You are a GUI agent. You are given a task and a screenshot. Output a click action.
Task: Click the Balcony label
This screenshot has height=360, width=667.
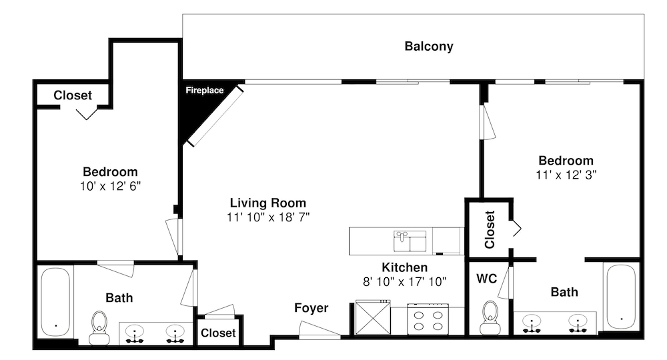pyautogui.click(x=429, y=46)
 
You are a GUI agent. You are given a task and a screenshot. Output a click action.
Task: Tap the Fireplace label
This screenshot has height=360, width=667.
pyautogui.click(x=205, y=90)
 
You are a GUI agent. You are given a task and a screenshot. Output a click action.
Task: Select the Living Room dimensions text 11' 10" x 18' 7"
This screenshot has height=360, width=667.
pyautogui.click(x=268, y=217)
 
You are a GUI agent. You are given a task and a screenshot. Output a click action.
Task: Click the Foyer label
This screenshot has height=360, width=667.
pyautogui.click(x=311, y=308)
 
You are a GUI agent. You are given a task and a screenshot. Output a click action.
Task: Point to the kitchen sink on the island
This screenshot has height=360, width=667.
pyautogui.click(x=410, y=241)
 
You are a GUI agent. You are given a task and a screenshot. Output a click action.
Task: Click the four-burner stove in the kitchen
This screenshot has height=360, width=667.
pyautogui.click(x=428, y=319)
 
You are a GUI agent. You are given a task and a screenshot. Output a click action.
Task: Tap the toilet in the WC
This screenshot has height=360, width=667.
pyautogui.click(x=490, y=318)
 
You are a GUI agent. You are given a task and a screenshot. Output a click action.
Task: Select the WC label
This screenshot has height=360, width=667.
pyautogui.click(x=487, y=279)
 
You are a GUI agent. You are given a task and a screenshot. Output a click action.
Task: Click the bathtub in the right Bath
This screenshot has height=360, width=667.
pyautogui.click(x=622, y=296)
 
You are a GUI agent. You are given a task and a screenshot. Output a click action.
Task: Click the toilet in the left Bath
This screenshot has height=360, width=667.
pyautogui.click(x=99, y=328)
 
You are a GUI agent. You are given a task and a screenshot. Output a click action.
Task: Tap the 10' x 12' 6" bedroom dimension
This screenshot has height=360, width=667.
pyautogui.click(x=110, y=186)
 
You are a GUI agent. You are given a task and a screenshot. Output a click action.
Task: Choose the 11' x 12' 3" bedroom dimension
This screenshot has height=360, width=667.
pyautogui.click(x=566, y=175)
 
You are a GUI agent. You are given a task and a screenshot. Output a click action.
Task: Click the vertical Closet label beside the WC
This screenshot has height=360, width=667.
pyautogui.click(x=490, y=229)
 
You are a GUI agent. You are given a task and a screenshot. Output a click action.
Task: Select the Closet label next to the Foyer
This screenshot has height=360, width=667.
pyautogui.click(x=218, y=333)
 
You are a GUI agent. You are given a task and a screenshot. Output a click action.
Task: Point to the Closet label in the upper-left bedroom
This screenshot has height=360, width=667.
pyautogui.click(x=73, y=95)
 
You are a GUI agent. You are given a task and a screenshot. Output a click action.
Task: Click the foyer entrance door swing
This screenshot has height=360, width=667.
pyautogui.click(x=319, y=330)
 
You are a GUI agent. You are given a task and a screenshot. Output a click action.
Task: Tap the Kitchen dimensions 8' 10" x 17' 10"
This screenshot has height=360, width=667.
pyautogui.click(x=405, y=281)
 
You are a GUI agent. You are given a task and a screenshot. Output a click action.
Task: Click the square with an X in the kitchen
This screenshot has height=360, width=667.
pyautogui.click(x=373, y=317)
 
